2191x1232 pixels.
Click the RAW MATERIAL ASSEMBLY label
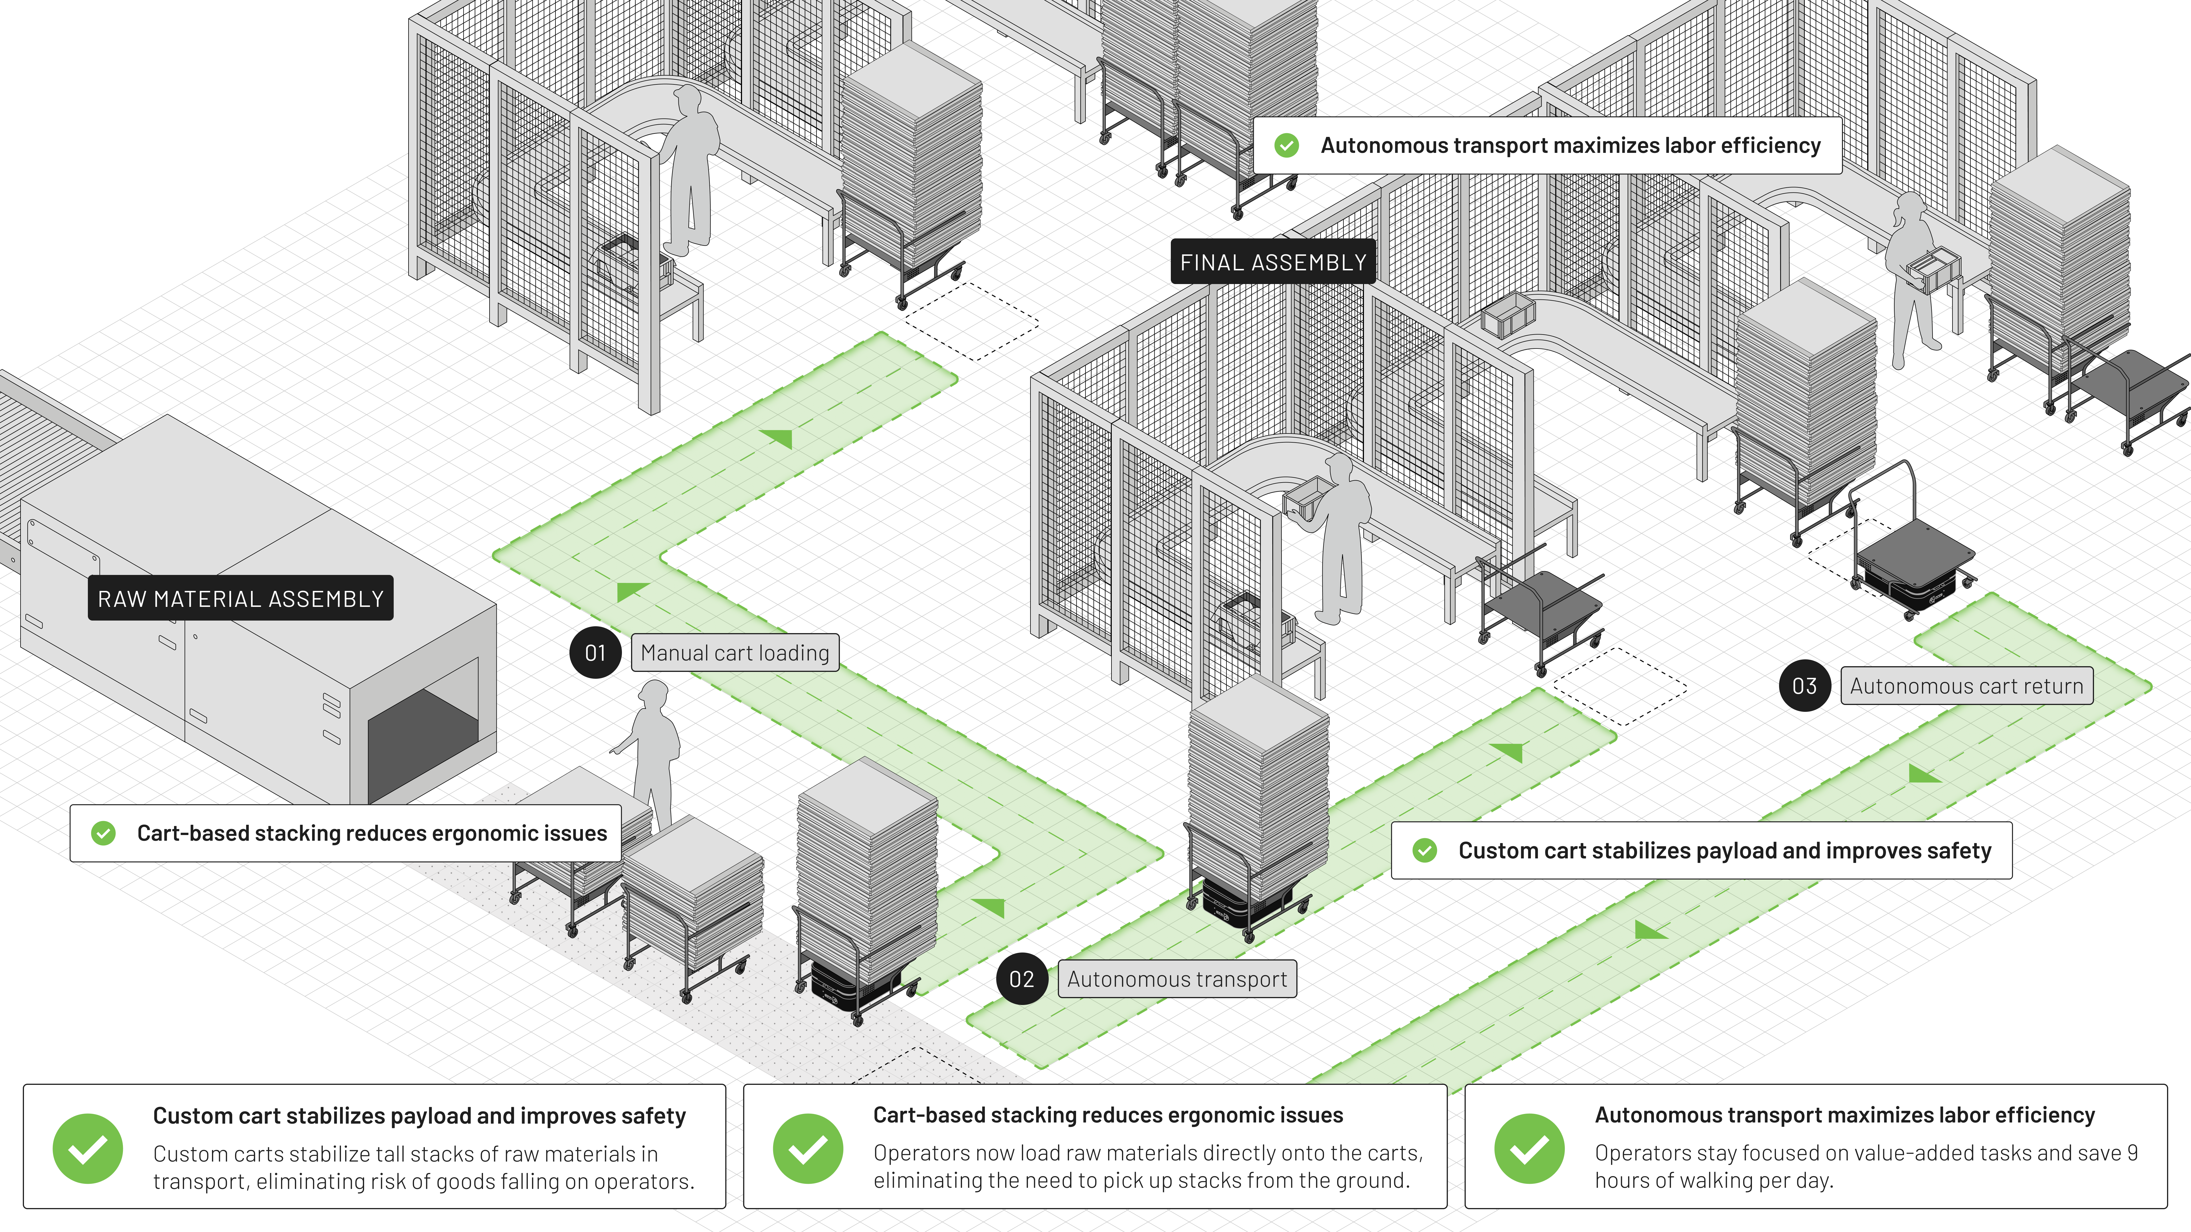[x=241, y=599]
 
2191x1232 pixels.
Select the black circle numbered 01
[x=595, y=653]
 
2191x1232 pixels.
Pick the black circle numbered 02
[x=1022, y=980]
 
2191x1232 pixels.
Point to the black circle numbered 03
[x=1804, y=686]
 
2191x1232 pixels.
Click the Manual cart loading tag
[x=735, y=653]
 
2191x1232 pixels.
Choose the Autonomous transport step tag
[x=1177, y=980]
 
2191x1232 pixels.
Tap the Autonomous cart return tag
[x=1966, y=686]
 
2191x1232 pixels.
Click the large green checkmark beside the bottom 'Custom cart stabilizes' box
[x=88, y=1149]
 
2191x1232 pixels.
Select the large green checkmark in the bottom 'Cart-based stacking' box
[x=808, y=1149]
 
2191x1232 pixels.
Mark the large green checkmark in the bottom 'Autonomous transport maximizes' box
[x=1529, y=1149]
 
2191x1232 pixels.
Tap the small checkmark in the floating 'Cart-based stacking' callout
[x=104, y=833]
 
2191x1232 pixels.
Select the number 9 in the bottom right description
[x=2132, y=1153]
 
